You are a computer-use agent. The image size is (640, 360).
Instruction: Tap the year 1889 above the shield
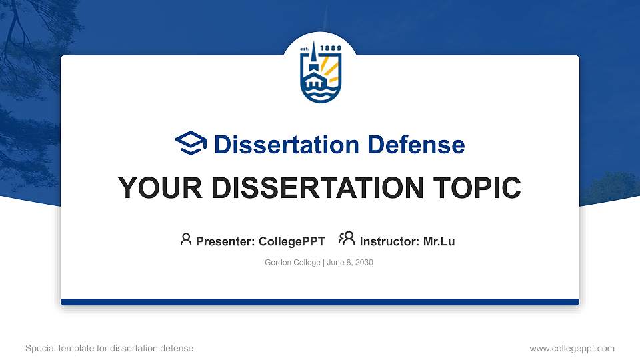pos(331,48)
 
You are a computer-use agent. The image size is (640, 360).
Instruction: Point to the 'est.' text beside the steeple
pos(305,48)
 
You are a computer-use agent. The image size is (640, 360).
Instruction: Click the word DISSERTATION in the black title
pos(303,188)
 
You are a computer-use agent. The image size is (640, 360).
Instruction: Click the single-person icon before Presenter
pos(186,239)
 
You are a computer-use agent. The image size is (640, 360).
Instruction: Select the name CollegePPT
pos(291,241)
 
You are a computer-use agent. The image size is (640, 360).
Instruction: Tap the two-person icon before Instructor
pos(347,239)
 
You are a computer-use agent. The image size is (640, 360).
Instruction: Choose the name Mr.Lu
pos(439,241)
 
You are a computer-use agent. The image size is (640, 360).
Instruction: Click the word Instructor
pos(389,241)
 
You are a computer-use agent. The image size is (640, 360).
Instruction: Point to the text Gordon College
pos(293,263)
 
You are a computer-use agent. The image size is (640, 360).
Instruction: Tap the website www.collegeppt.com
pos(572,348)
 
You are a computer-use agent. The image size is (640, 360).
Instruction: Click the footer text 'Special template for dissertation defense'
pos(109,348)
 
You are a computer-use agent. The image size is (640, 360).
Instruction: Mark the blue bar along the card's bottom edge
pos(319,302)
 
